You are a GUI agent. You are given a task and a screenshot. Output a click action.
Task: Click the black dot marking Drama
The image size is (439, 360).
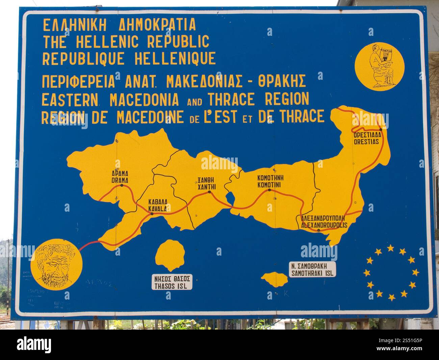click(x=122, y=185)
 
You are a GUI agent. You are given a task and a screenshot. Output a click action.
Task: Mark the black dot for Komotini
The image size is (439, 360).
click(x=269, y=190)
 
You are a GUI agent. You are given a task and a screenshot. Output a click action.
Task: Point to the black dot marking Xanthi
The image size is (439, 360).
click(x=209, y=192)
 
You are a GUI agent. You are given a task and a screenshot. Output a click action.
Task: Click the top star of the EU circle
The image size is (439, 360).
click(x=391, y=248)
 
